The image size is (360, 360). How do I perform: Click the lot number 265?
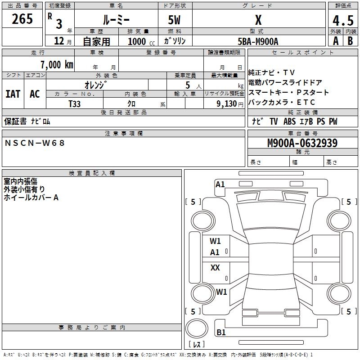(22, 19)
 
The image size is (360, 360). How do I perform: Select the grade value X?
(258, 20)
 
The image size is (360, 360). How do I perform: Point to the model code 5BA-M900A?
(258, 41)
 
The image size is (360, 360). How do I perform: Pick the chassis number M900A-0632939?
(302, 143)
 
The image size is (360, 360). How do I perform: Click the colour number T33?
(75, 103)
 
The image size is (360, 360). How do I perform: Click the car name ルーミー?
(116, 20)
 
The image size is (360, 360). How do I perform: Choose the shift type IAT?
(13, 94)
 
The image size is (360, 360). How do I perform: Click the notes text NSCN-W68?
(35, 143)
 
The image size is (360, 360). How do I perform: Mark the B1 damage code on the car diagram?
(221, 332)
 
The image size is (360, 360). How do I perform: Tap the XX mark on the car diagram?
(215, 268)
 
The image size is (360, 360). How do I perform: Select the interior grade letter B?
(350, 41)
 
